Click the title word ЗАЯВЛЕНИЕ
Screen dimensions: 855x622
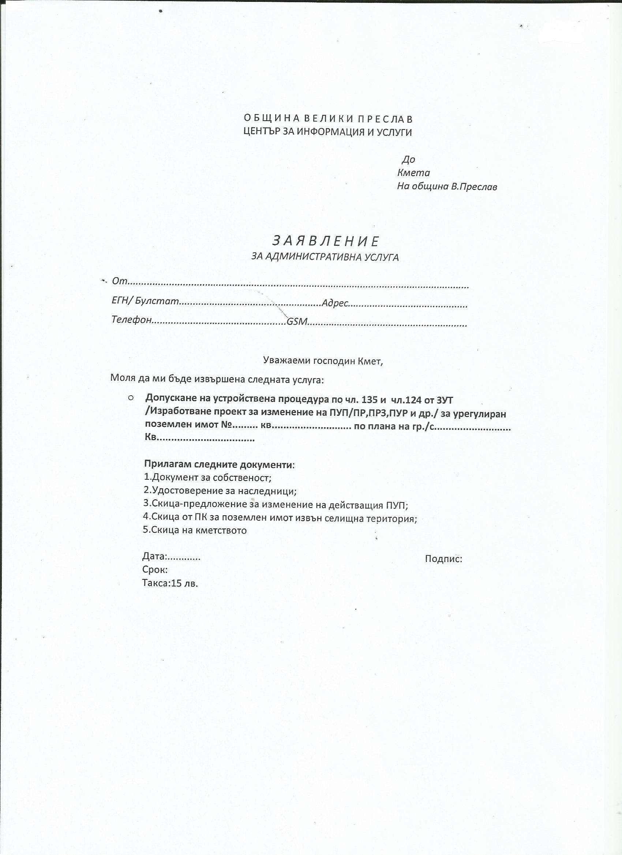(326, 241)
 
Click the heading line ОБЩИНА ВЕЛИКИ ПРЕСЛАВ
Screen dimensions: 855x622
(328, 119)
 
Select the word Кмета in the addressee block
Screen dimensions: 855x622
(413, 173)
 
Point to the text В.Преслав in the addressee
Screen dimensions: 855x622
(474, 187)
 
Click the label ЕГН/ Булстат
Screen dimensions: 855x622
(145, 301)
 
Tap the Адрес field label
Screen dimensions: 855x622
(334, 303)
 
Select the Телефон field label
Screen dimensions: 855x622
(131, 320)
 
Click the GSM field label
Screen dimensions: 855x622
(297, 322)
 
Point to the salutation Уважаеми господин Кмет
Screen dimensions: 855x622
(322, 361)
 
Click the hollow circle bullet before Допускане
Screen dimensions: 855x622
(131, 398)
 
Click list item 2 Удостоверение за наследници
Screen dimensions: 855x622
(220, 491)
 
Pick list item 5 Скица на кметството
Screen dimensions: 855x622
(195, 530)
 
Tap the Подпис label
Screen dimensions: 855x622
(443, 559)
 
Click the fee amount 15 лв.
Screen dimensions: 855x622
(184, 584)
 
